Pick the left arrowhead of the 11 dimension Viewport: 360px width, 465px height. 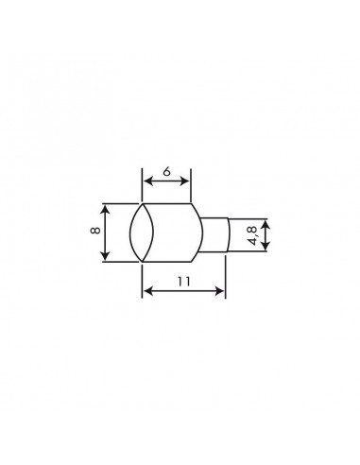(146, 293)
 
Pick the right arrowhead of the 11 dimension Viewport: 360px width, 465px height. (224, 293)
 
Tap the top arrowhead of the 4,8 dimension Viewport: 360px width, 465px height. (267, 223)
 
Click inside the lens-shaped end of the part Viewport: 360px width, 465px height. (142, 232)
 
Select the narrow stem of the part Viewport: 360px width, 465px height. (214, 234)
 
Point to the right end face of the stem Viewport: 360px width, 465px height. (228, 234)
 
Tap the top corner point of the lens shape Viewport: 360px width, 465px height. (142, 201)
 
